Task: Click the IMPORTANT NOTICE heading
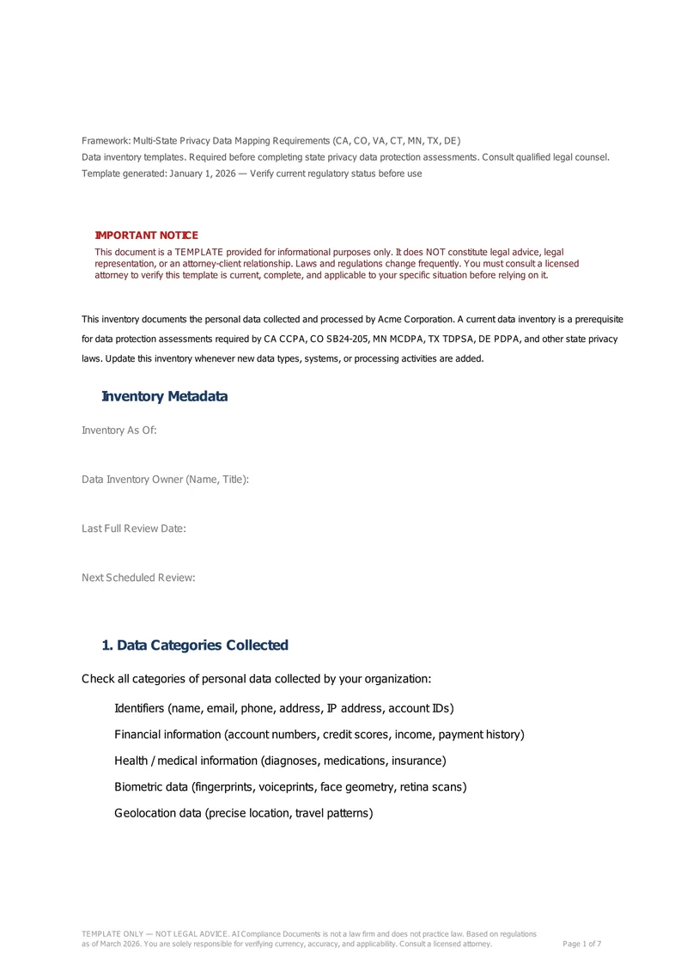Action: point(146,235)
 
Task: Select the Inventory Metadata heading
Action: point(164,396)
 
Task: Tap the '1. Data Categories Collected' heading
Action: point(195,645)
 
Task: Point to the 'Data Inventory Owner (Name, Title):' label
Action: point(166,479)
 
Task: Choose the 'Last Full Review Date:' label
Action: point(134,528)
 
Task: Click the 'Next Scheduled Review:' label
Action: point(138,578)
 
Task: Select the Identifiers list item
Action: point(283,708)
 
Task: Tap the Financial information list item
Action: point(319,735)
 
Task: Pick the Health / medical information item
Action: point(280,761)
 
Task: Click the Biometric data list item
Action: point(290,786)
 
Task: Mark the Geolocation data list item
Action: point(243,812)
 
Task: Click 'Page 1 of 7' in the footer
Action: point(581,944)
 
